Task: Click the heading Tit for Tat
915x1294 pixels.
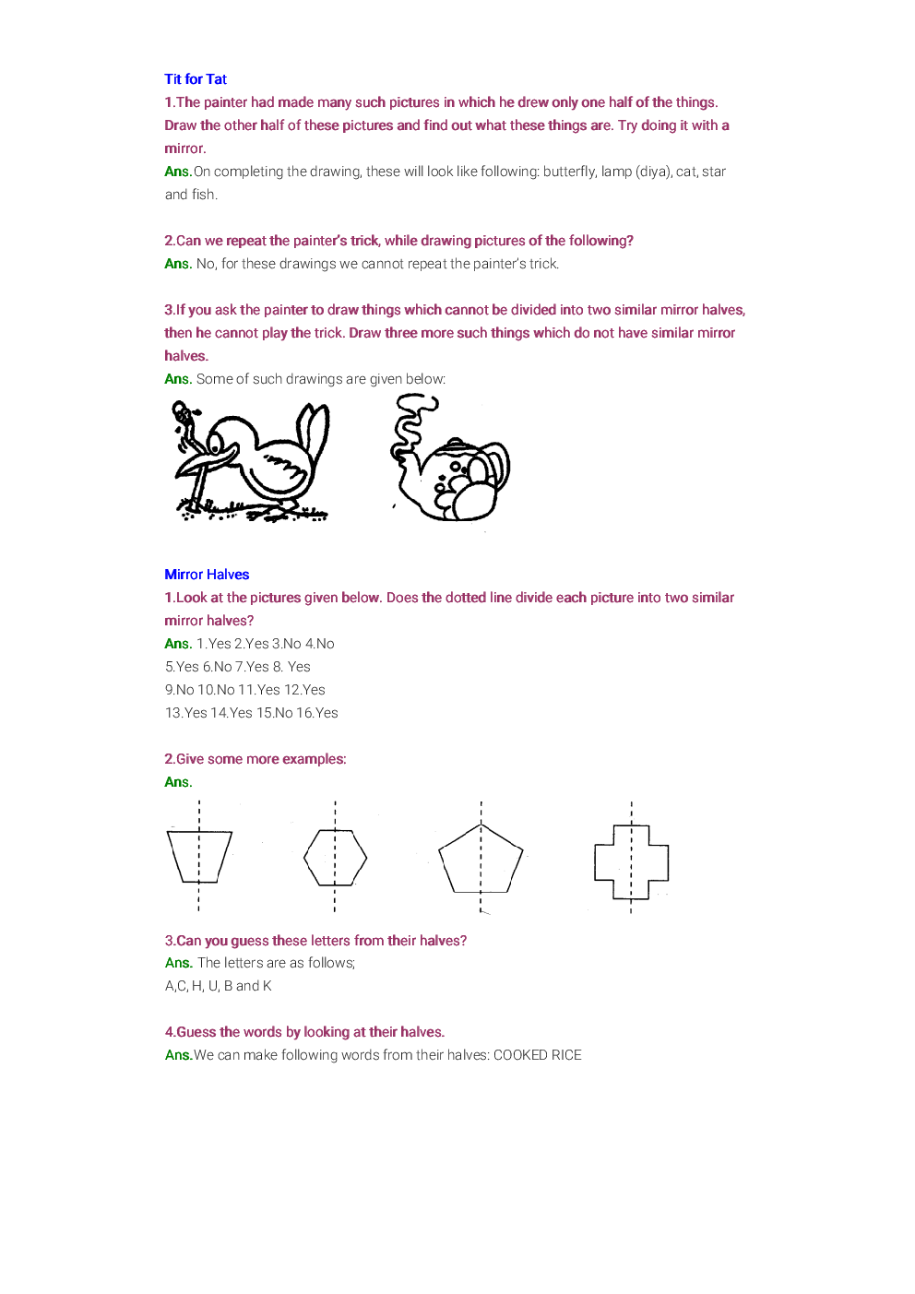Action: [x=196, y=79]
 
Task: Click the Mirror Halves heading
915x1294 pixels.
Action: [x=207, y=575]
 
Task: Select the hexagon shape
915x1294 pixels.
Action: [x=335, y=858]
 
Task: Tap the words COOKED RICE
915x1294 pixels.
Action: [x=538, y=1055]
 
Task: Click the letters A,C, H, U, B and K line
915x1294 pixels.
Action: [x=219, y=986]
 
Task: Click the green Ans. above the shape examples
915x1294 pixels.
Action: [x=178, y=782]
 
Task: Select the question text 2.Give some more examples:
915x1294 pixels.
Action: [x=255, y=759]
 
